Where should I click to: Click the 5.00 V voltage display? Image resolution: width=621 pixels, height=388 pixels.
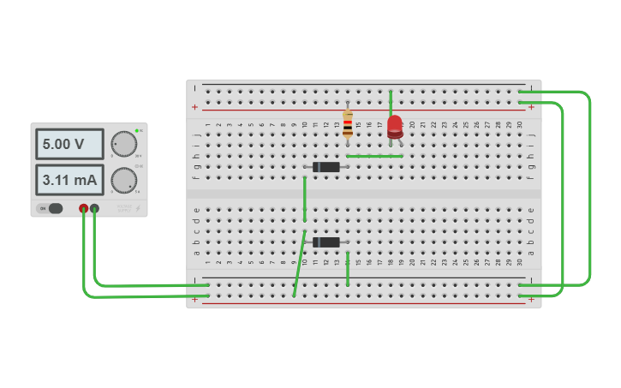click(69, 144)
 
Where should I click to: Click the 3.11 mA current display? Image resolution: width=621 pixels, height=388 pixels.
click(69, 180)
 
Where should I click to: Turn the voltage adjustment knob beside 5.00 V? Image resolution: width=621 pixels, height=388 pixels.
click(124, 144)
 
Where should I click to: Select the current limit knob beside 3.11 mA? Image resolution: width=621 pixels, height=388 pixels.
click(124, 180)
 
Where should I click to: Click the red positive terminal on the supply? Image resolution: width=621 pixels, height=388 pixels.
click(83, 208)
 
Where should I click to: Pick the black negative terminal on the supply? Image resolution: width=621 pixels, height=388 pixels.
click(94, 208)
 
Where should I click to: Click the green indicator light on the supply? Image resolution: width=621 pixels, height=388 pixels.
click(136, 130)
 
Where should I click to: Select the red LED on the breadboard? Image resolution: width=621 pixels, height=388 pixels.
click(395, 128)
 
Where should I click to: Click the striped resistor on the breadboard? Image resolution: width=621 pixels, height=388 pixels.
click(347, 125)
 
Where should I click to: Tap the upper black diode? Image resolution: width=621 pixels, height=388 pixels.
click(325, 166)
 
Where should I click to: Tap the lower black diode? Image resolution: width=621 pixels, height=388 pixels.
click(325, 242)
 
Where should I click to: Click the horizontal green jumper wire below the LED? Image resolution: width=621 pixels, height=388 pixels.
click(374, 156)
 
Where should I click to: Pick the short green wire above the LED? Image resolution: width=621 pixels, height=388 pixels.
click(391, 101)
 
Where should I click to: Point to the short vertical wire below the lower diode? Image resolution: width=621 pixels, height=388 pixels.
click(348, 269)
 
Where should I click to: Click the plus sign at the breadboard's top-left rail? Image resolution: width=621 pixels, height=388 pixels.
click(195, 107)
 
